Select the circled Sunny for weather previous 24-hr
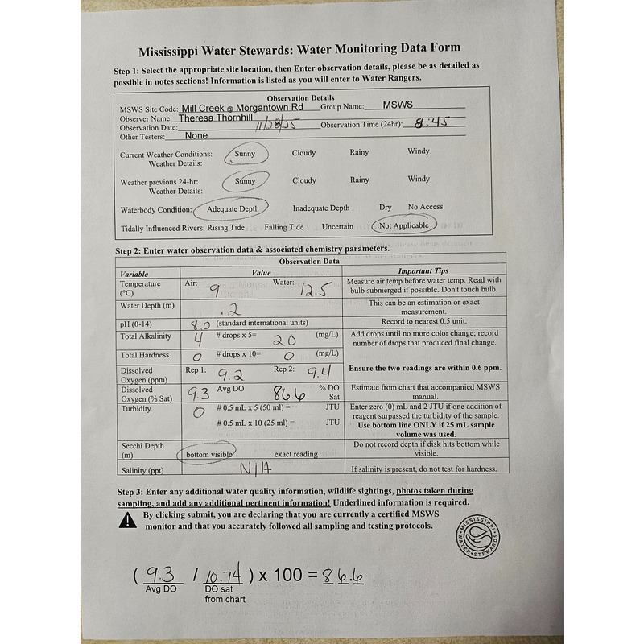(244, 181)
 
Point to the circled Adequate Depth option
(232, 208)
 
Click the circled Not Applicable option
(404, 226)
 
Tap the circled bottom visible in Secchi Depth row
(208, 454)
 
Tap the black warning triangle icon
(127, 520)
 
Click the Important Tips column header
(423, 271)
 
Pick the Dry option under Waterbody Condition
(386, 207)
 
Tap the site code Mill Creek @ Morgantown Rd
(242, 106)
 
